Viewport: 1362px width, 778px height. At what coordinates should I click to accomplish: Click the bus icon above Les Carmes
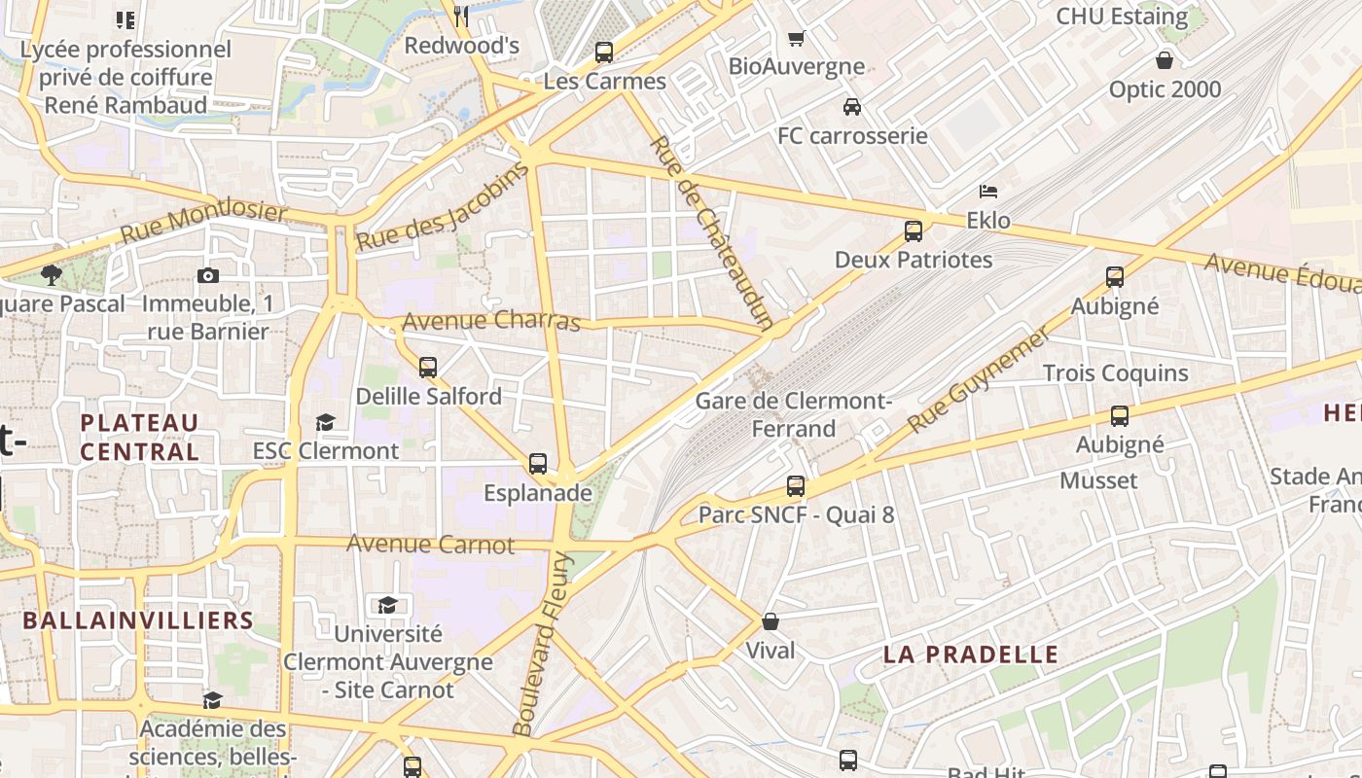click(604, 53)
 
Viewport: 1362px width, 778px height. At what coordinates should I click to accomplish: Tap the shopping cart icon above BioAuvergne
click(796, 38)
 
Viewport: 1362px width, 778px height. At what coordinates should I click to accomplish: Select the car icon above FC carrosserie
click(852, 107)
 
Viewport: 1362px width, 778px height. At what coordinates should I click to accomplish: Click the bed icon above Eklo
click(988, 192)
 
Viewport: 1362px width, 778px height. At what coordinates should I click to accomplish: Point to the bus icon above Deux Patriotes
click(913, 231)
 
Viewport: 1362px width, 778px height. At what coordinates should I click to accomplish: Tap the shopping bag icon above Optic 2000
click(1165, 60)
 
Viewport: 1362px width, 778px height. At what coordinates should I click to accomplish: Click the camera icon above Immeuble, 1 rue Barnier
click(207, 276)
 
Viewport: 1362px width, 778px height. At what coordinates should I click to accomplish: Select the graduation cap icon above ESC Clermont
click(325, 422)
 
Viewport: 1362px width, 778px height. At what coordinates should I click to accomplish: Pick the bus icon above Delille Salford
click(428, 368)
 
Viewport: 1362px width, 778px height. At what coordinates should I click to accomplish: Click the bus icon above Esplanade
click(538, 464)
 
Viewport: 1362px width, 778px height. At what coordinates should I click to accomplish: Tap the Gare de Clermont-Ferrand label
click(793, 414)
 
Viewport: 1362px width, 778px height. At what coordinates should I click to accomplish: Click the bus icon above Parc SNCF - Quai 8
click(796, 486)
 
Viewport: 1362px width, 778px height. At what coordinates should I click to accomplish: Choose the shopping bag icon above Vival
click(771, 621)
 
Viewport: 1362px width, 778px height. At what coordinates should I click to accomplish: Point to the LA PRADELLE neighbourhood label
click(970, 654)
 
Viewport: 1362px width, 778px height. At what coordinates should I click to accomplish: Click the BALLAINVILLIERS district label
click(138, 620)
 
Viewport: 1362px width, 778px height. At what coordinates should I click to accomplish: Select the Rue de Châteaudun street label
click(710, 232)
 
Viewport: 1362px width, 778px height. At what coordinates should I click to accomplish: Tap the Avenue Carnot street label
click(430, 544)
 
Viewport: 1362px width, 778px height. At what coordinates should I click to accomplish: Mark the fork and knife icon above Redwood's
click(462, 16)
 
